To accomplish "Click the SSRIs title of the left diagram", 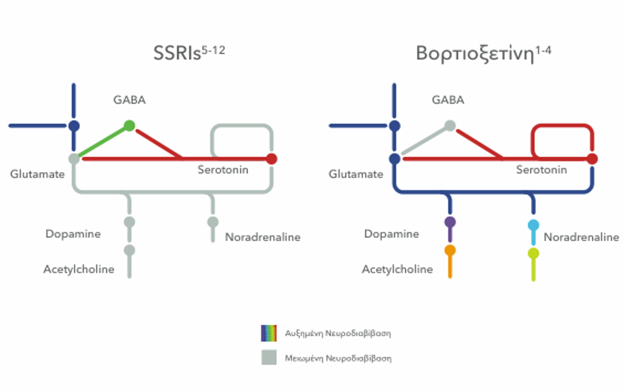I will click(x=189, y=53).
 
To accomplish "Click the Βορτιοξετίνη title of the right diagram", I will click(x=484, y=53).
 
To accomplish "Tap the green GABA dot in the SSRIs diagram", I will click(x=129, y=125).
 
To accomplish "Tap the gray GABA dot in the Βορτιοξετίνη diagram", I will click(x=449, y=125).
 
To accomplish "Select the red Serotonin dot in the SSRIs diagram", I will click(x=271, y=159).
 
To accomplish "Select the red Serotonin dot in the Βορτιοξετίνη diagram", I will click(x=592, y=159).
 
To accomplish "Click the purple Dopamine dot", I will click(x=449, y=222).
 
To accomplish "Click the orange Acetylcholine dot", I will click(x=449, y=250).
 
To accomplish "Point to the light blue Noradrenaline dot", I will click(x=533, y=225).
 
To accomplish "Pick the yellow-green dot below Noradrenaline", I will click(x=533, y=253).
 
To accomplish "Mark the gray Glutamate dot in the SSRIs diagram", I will click(x=74, y=159).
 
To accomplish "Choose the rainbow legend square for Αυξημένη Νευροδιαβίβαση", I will click(x=269, y=333).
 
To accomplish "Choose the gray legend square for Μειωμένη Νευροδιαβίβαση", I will click(x=269, y=358).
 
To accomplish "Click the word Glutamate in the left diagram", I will click(x=37, y=174).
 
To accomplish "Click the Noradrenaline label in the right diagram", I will click(x=581, y=237).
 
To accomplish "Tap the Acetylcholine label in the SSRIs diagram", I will click(x=79, y=270).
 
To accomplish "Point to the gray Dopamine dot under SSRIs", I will click(x=129, y=222).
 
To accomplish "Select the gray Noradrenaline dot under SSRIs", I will click(x=213, y=222).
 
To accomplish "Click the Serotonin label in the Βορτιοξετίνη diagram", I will click(x=541, y=170).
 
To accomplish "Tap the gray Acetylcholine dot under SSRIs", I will click(x=129, y=250).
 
